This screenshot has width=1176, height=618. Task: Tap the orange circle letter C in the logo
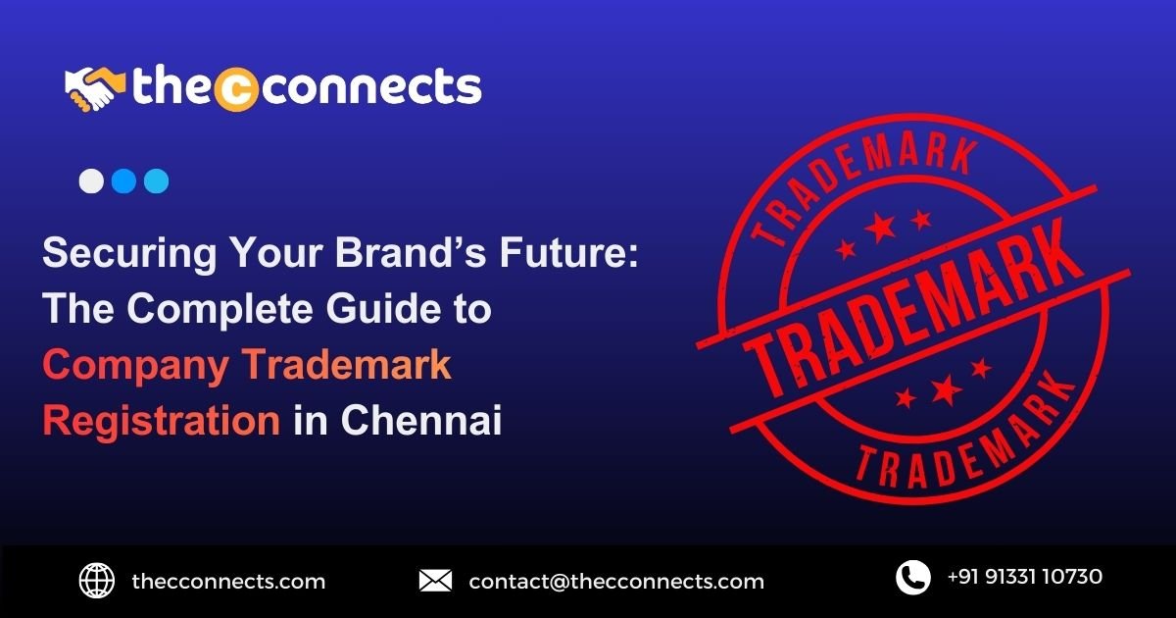pos(237,90)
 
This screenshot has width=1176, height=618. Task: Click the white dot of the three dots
pos(91,181)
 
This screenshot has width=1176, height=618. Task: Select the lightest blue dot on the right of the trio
pos(157,181)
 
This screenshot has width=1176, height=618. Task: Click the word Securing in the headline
pos(129,253)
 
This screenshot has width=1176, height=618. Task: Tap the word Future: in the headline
pos(568,252)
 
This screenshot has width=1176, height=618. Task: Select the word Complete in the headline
pos(220,310)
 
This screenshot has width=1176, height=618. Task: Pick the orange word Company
pos(135,366)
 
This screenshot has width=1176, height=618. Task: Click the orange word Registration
pos(161,422)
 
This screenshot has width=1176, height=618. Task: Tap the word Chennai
pos(421,420)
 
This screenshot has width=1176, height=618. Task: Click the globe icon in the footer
pos(97,581)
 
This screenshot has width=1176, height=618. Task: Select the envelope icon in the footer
pos(435,581)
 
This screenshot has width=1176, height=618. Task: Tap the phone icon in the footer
pos(913,578)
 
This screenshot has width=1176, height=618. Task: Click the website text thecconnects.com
pos(228,582)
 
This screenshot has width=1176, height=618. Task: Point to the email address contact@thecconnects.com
pos(616,582)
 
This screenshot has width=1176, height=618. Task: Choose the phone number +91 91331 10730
pos(1025,577)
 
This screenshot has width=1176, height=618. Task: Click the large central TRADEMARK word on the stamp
pos(913,310)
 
